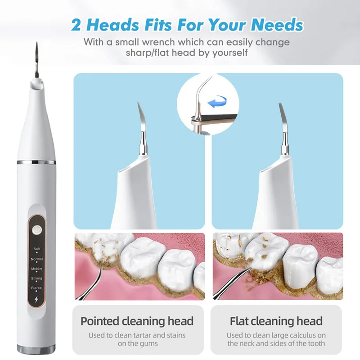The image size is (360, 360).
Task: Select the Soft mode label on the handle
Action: [x=37, y=249]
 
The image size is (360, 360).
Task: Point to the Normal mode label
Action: [x=37, y=259]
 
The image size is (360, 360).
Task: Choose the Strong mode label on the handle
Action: [x=37, y=279]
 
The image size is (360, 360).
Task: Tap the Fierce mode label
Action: [x=37, y=288]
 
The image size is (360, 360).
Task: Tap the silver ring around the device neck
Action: [x=36, y=162]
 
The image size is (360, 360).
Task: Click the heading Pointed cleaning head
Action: [x=137, y=321]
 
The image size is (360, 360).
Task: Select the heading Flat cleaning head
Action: [x=276, y=321]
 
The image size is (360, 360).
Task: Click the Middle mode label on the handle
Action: [x=37, y=269]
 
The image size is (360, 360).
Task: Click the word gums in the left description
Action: [x=150, y=344]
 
